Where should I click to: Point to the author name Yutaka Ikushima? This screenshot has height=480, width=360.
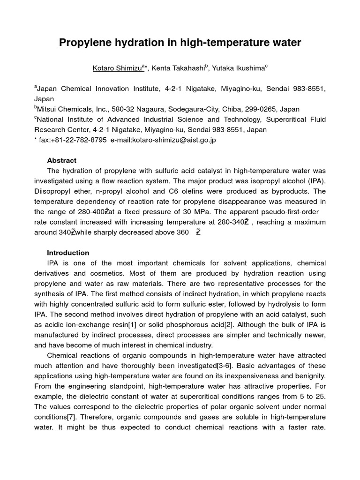[238, 68]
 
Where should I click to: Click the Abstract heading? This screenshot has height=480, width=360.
[61, 160]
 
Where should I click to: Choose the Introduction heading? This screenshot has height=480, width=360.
[68, 253]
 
